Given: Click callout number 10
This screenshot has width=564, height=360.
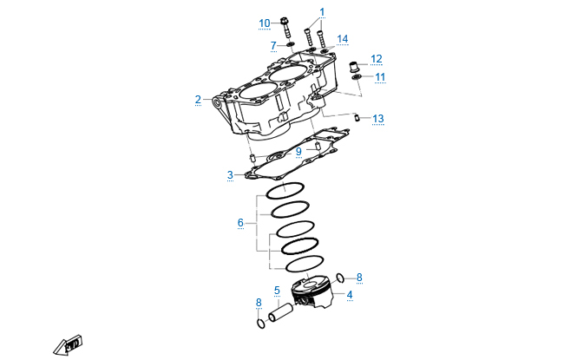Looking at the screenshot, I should click(x=265, y=23).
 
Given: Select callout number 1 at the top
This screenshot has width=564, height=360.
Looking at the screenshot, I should click(x=322, y=12).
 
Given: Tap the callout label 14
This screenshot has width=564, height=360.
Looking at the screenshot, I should click(x=342, y=39).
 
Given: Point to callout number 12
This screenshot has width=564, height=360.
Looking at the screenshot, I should click(x=376, y=59).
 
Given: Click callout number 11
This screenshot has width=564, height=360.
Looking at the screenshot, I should click(x=380, y=77).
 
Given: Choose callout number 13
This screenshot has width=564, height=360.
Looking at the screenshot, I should click(x=377, y=118).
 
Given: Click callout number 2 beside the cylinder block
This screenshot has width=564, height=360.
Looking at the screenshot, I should click(x=198, y=99).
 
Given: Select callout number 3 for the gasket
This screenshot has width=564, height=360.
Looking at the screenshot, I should click(x=230, y=175).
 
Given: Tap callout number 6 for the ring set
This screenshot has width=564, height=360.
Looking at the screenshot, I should click(x=240, y=223).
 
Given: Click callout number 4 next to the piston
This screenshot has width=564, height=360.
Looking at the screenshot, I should click(x=350, y=295).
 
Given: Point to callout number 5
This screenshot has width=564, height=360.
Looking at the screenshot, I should click(x=277, y=291).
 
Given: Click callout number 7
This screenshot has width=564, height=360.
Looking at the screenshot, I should click(x=272, y=45).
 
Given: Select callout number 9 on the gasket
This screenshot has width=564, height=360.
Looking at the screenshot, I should click(x=298, y=152).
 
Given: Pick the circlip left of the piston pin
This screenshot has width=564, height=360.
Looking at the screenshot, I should click(x=259, y=324).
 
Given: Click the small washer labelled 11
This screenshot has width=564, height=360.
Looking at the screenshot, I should click(x=357, y=78).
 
